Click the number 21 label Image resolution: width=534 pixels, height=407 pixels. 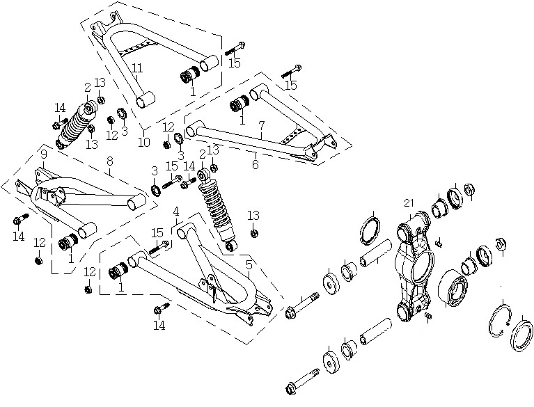pos(409,203)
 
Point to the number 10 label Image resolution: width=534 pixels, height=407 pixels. pos(144,142)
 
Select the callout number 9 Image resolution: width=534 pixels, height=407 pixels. pos(44,154)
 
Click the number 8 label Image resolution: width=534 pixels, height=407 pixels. pos(109,162)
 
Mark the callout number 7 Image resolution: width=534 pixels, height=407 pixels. pos(261,125)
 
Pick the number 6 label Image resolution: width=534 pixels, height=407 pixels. pos(256,165)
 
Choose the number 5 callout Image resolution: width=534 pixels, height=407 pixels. pos(249,264)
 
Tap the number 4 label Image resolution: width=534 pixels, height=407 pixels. pos(175,212)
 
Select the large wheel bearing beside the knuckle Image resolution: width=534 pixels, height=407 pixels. pos(453,287)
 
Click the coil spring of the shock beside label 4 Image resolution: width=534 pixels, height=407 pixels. pos(216,207)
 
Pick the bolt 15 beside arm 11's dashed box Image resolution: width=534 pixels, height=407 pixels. pos(235,49)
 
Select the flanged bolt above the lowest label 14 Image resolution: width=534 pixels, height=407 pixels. pos(162,308)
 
